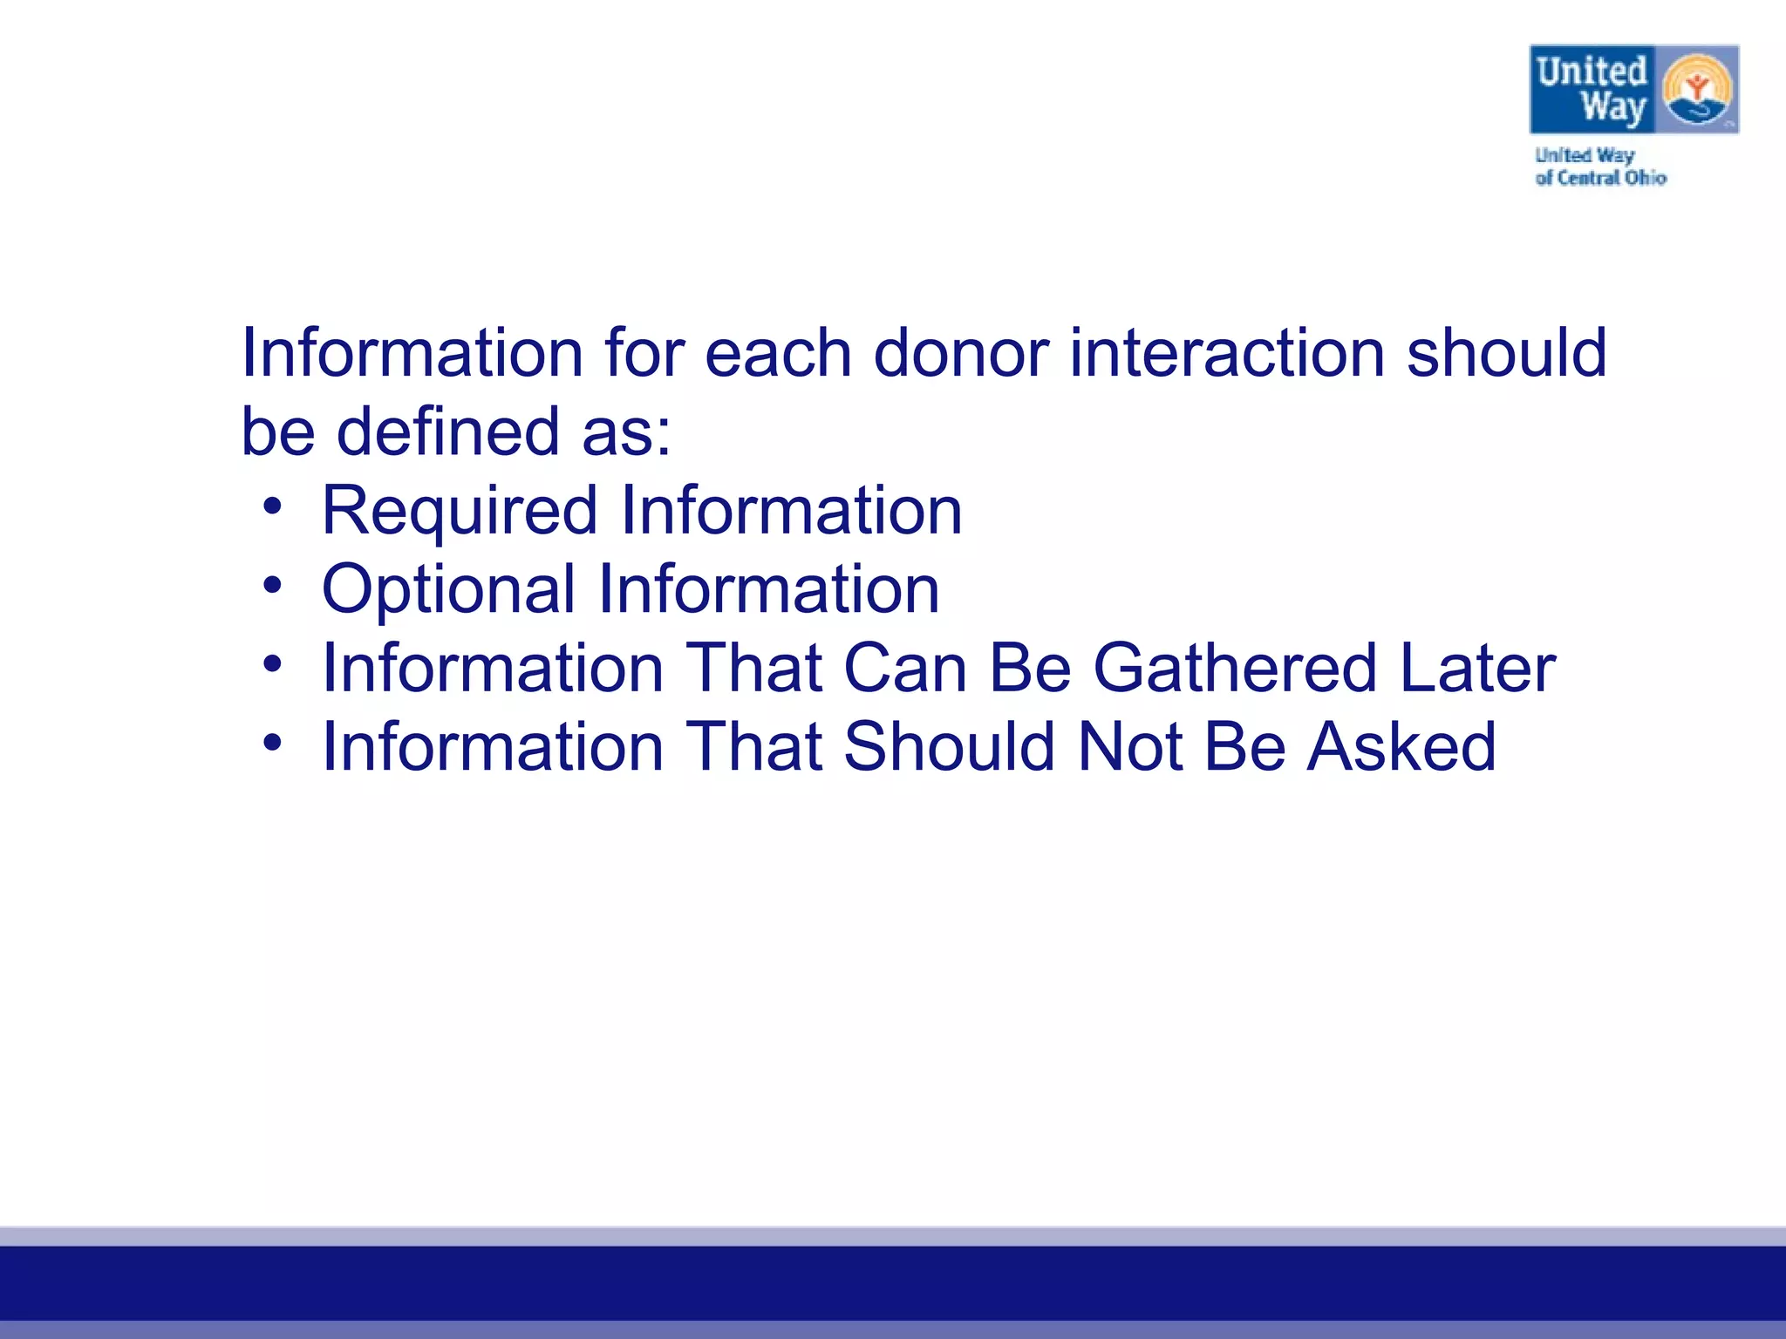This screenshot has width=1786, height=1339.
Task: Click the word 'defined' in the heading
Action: point(447,432)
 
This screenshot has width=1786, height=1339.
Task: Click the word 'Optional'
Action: point(448,590)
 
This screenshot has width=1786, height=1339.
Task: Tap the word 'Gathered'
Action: point(1235,669)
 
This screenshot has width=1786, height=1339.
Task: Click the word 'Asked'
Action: point(1401,747)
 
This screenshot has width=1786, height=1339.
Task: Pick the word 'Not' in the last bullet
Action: point(1130,747)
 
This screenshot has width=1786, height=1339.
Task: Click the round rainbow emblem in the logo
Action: point(1696,90)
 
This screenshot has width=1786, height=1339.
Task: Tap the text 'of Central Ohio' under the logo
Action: point(1600,178)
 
